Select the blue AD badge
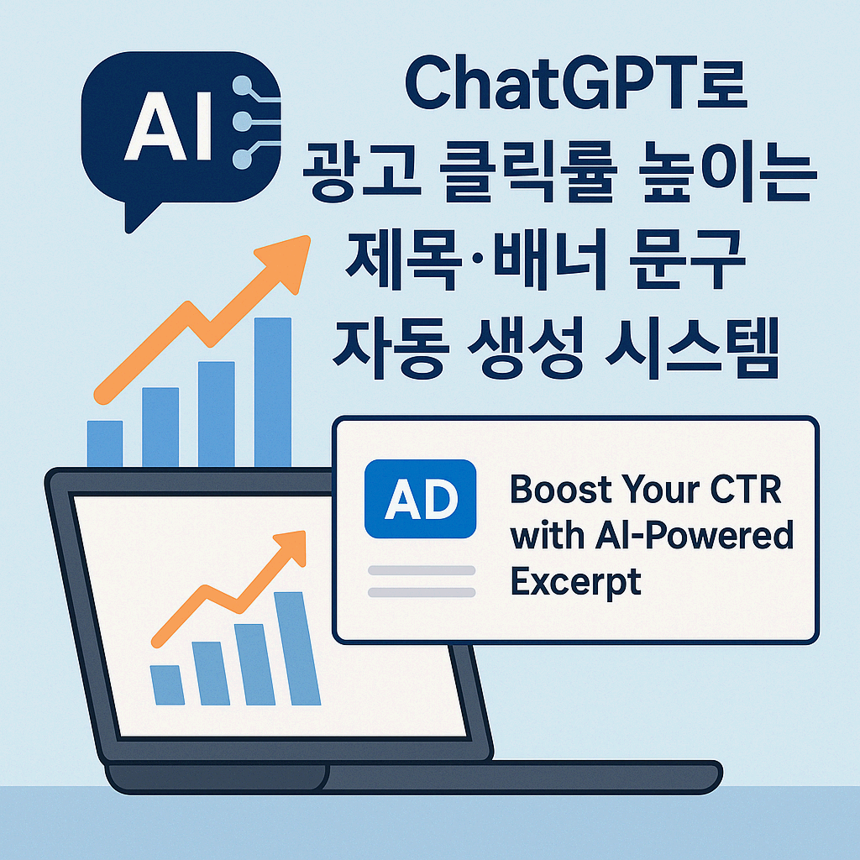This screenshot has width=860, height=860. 420,499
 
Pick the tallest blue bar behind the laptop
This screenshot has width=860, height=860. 272,391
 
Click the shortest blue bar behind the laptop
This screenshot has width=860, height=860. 105,443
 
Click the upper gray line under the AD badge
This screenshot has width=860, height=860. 422,570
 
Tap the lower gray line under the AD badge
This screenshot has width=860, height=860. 422,592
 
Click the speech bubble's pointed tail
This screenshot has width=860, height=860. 134,218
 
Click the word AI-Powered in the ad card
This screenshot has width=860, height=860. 652,536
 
